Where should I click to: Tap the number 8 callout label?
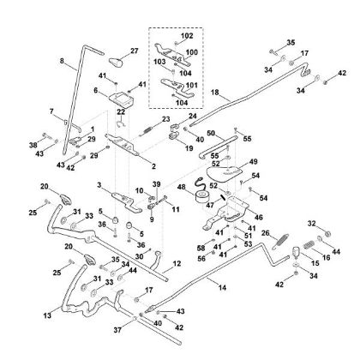click(61, 62)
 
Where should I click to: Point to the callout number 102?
click(188, 36)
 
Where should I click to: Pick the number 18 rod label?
click(214, 91)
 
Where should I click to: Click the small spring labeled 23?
click(147, 129)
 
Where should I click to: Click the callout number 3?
click(99, 185)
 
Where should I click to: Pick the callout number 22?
click(121, 111)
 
